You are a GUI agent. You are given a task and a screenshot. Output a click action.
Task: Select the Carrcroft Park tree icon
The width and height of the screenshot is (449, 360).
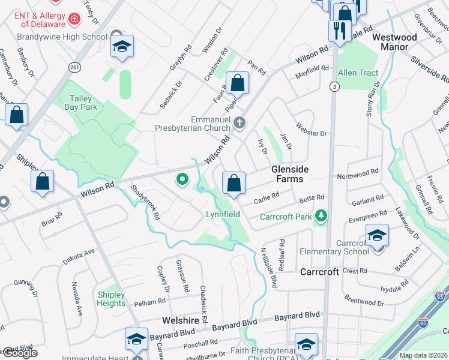322,215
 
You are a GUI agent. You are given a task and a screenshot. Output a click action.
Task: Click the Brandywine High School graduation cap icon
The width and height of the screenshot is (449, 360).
122,47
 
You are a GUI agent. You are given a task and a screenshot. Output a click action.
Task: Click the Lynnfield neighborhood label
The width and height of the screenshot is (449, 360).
223,214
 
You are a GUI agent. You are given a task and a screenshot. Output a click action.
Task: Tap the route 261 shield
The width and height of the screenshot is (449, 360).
74,67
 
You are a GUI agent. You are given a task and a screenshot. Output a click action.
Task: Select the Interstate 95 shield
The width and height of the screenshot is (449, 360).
441,296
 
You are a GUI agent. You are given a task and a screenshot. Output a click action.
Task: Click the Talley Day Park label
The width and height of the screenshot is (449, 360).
80,103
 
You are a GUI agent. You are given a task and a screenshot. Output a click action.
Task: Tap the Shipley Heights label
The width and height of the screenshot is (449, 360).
111,299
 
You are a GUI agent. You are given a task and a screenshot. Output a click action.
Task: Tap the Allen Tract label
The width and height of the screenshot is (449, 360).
358,73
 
